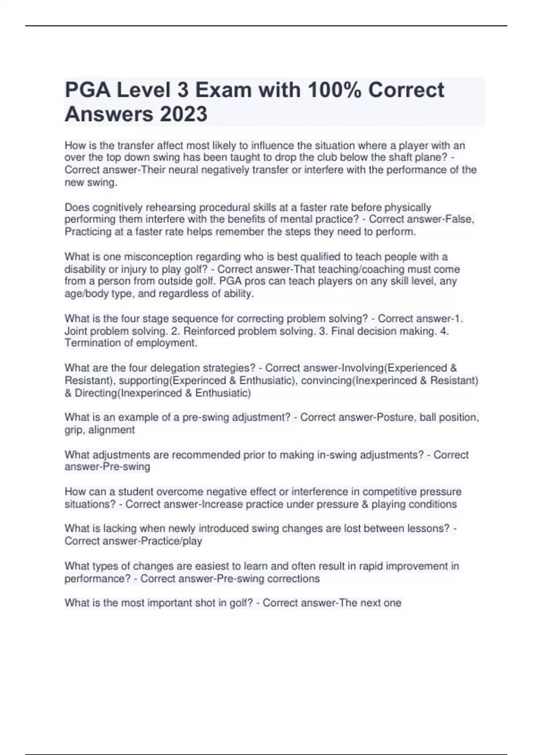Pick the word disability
coord(85,269)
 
